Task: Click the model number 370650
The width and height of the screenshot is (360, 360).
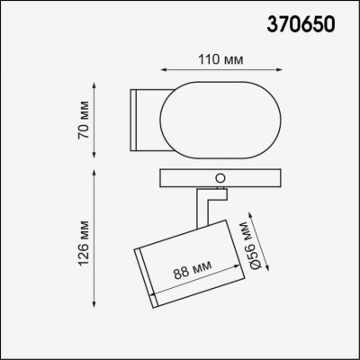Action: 302,25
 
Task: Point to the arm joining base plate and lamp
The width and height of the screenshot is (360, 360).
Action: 205,205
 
